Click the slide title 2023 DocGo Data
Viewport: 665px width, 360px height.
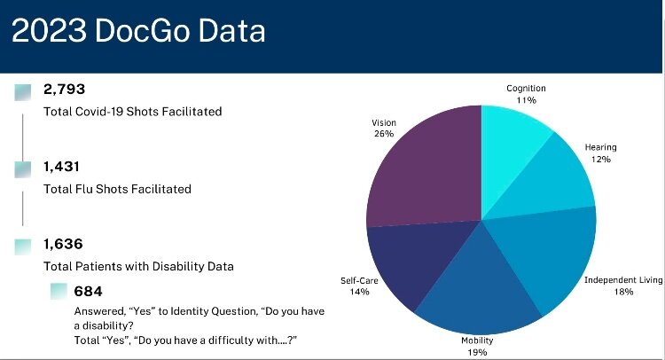click(x=137, y=33)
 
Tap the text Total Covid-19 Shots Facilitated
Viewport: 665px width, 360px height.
click(x=132, y=112)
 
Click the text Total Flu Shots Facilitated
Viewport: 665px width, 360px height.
click(x=117, y=189)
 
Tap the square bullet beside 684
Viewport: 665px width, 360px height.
click(x=59, y=291)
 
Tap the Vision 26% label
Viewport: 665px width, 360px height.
click(x=383, y=129)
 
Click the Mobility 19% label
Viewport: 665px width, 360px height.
click(x=477, y=345)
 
